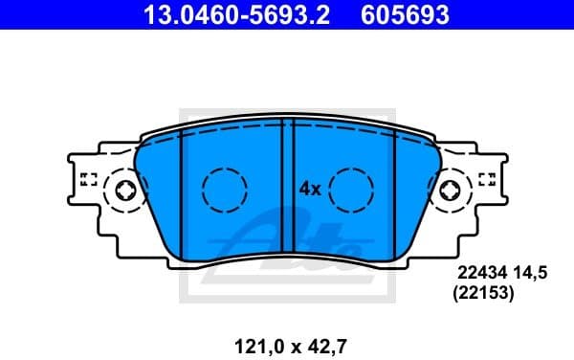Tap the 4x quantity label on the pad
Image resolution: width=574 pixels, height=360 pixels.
point(309,189)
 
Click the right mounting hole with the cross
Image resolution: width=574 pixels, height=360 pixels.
point(448,191)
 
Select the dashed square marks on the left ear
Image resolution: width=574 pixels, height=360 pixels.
point(90,178)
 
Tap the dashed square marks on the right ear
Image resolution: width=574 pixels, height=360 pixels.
point(486,178)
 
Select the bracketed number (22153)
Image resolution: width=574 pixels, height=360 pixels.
point(483,296)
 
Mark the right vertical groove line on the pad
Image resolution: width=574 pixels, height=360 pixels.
point(396,191)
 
